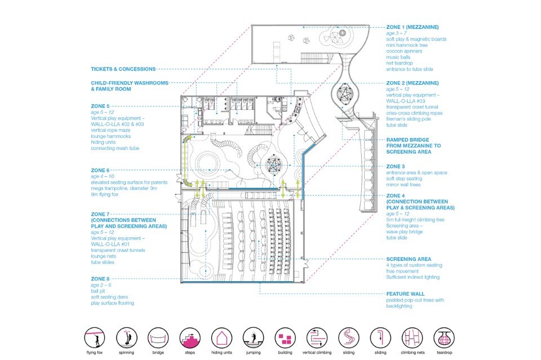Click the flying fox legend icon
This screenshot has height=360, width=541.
pos(95,338)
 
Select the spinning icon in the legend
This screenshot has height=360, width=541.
pos(127,338)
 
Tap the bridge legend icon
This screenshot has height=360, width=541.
pos(158,338)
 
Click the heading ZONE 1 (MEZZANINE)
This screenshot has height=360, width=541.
pos(413,27)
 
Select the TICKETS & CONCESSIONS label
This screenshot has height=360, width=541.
pos(123,69)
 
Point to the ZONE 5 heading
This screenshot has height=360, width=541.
pos(100,105)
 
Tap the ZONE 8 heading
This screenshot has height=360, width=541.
pos(100,279)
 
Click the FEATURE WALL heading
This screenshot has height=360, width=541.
pos(405,294)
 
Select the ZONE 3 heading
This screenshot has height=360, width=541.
pos(396,166)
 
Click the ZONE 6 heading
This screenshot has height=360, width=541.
pos(100,170)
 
